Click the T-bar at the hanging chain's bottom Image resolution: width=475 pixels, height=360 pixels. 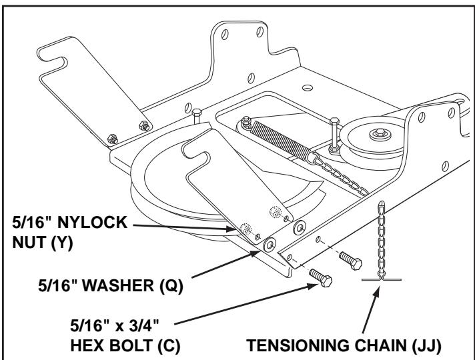click(x=380, y=280)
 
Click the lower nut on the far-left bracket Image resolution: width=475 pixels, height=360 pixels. click(x=113, y=138)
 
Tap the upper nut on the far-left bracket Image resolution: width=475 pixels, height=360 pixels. click(x=142, y=125)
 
